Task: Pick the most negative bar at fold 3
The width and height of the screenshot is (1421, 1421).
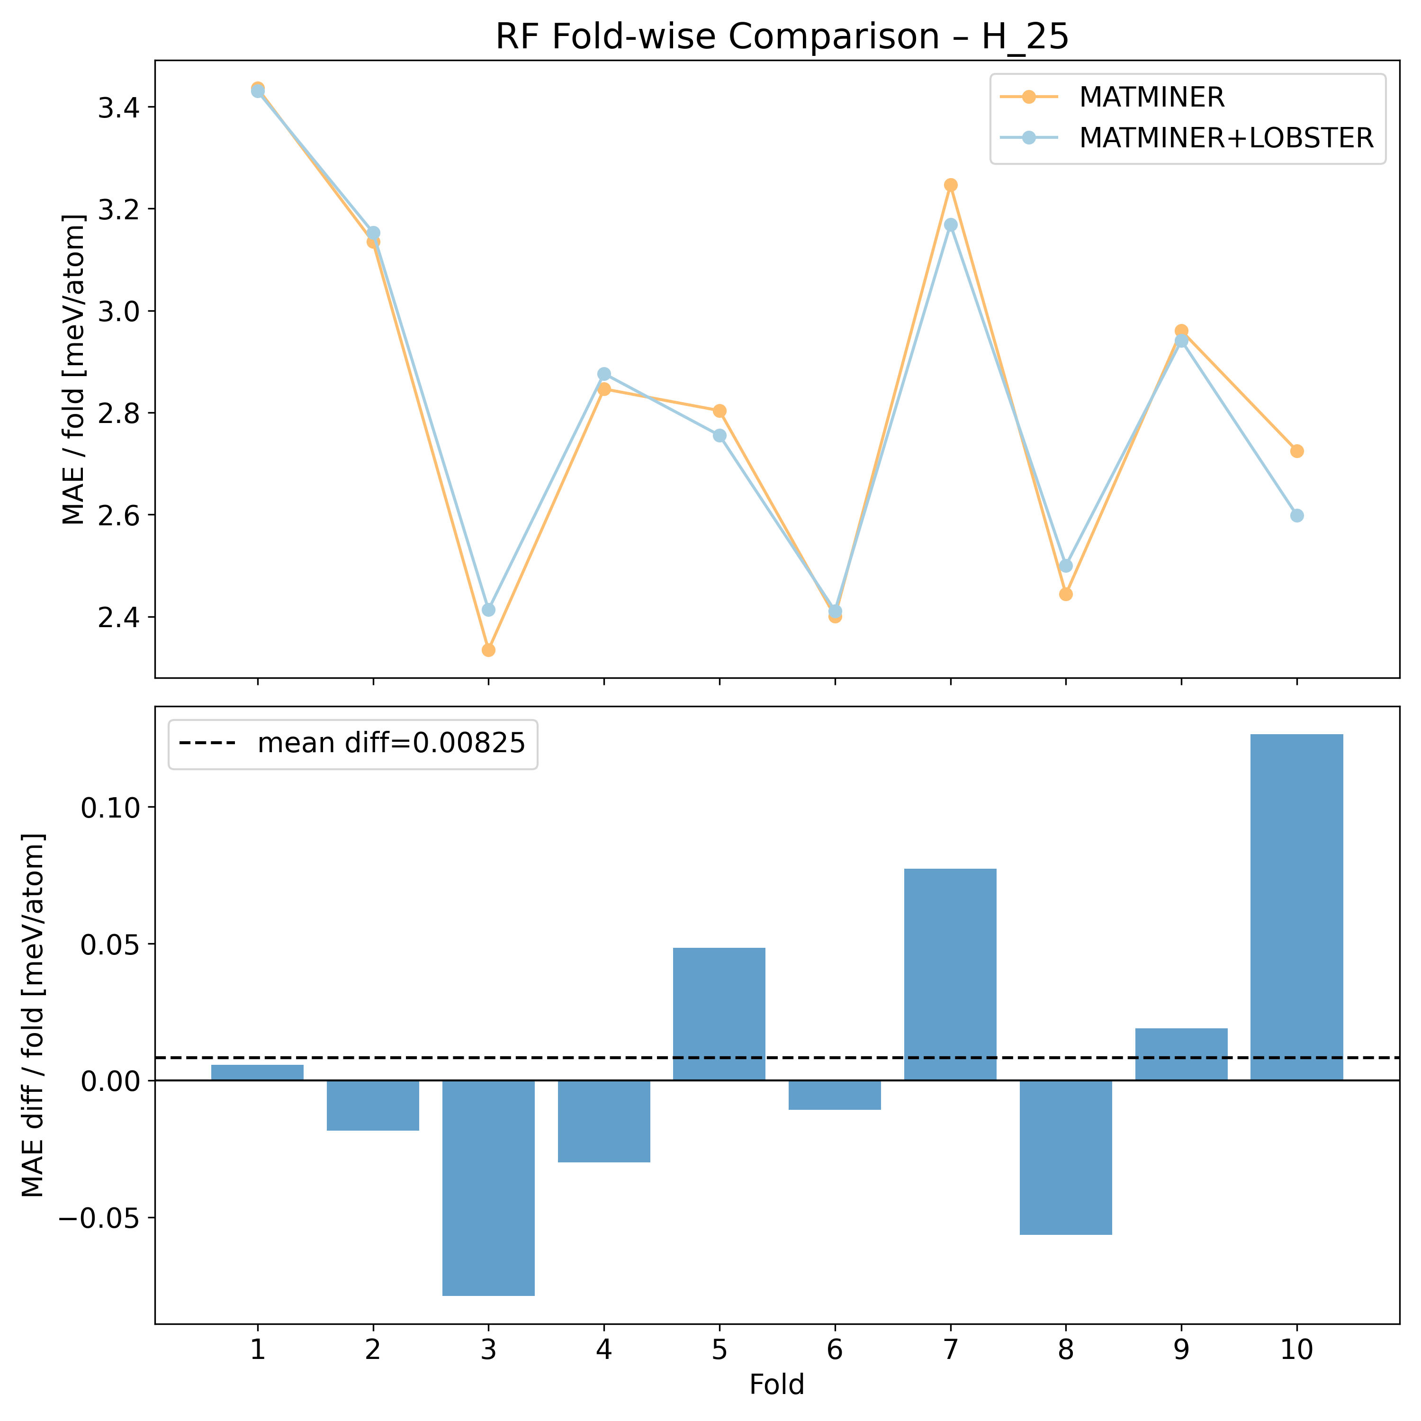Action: [x=488, y=1188]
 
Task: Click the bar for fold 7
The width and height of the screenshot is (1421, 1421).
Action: [x=950, y=974]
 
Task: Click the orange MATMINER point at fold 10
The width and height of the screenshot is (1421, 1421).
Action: [x=1297, y=451]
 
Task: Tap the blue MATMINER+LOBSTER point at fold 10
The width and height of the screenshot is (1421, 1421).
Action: [x=1297, y=516]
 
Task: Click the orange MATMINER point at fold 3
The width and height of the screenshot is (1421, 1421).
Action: [x=488, y=650]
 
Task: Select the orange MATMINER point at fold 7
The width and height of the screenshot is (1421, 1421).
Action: [x=950, y=185]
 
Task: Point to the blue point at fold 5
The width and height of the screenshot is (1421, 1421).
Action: [x=719, y=435]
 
